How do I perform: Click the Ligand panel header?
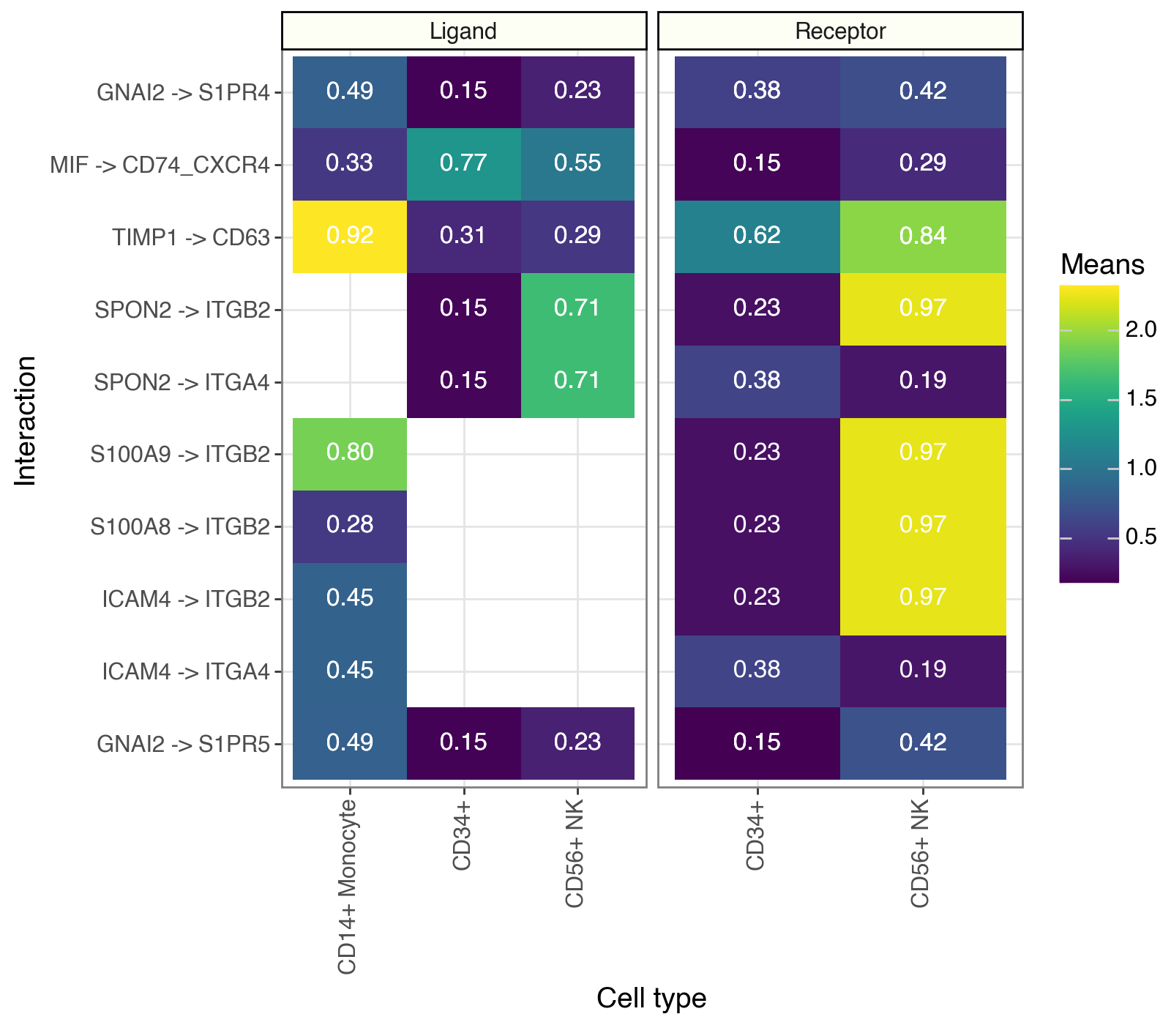pyautogui.click(x=463, y=31)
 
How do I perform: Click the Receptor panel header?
pyautogui.click(x=840, y=31)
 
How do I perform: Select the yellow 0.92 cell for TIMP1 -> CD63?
pyautogui.click(x=350, y=236)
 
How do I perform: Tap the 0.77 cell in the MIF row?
pyautogui.click(x=463, y=163)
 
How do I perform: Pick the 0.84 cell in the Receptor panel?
pyautogui.click(x=923, y=236)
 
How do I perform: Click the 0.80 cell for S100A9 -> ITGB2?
pyautogui.click(x=350, y=452)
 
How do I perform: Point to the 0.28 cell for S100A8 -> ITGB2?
pyautogui.click(x=350, y=525)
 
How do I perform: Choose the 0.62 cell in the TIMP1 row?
pyautogui.click(x=757, y=236)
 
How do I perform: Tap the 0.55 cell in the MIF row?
pyautogui.click(x=577, y=163)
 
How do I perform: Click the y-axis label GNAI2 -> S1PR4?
pyautogui.click(x=184, y=93)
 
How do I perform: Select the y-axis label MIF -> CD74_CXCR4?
pyautogui.click(x=160, y=165)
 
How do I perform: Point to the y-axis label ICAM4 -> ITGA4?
pyautogui.click(x=187, y=671)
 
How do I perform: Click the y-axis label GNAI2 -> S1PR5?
pyautogui.click(x=184, y=745)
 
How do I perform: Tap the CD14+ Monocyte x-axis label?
pyautogui.click(x=348, y=886)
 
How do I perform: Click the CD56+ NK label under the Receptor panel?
pyautogui.click(x=920, y=853)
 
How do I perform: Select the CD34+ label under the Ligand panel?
pyautogui.click(x=462, y=835)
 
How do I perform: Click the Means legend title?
pyautogui.click(x=1102, y=264)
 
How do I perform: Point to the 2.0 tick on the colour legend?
pyautogui.click(x=1140, y=330)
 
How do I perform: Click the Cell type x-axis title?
pyautogui.click(x=651, y=998)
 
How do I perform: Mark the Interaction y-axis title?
pyautogui.click(x=26, y=420)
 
